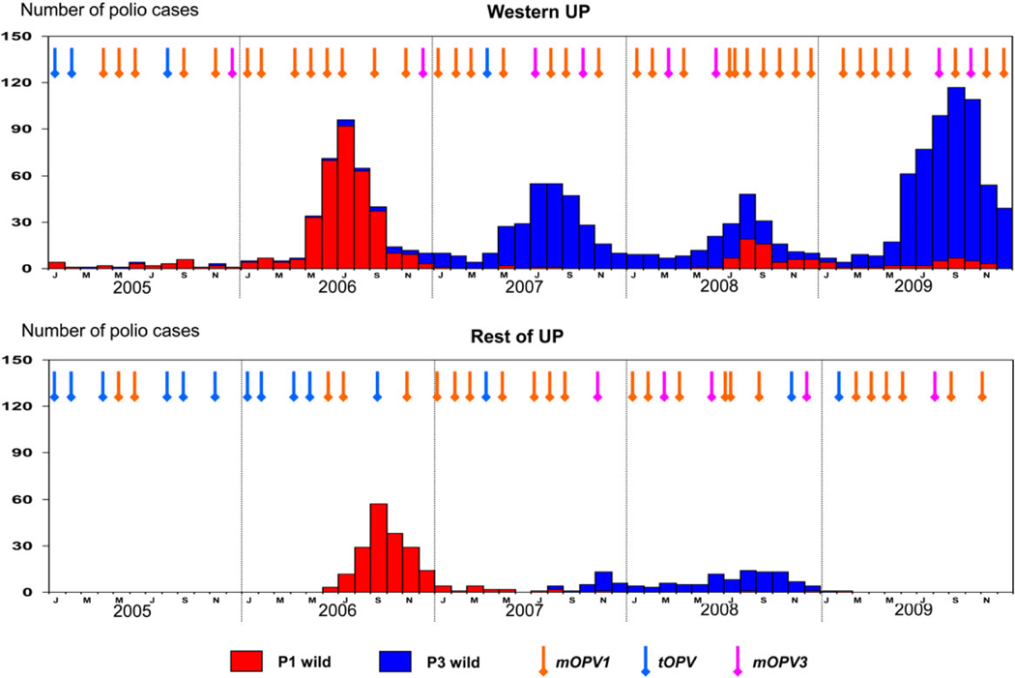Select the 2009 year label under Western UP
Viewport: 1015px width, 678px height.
coord(914,288)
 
